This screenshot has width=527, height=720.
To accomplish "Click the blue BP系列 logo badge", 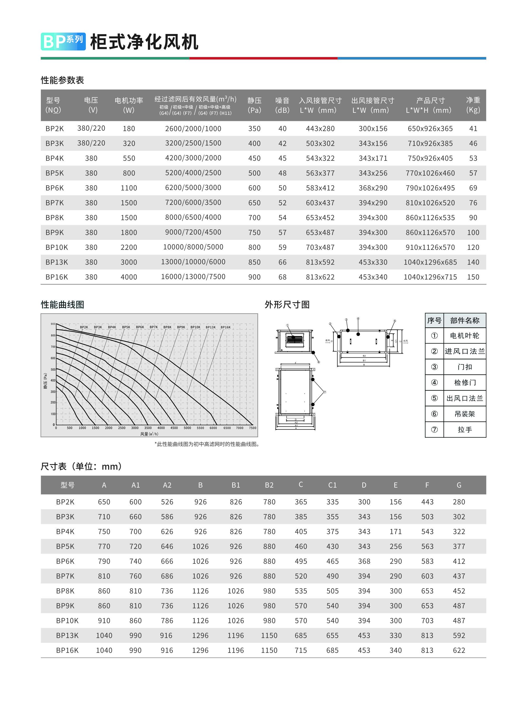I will click(x=63, y=41).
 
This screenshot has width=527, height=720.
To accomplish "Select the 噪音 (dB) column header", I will click(x=282, y=105).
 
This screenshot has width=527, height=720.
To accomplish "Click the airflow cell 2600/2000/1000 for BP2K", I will click(x=193, y=129).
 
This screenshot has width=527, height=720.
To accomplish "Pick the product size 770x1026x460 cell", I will click(x=430, y=173).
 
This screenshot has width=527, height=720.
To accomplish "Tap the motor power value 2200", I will click(x=129, y=247).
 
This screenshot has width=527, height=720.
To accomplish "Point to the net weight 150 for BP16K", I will click(x=473, y=277).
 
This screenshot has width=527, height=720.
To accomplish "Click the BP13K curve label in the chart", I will click(x=211, y=327).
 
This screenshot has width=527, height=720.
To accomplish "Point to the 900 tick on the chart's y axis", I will click(x=53, y=324).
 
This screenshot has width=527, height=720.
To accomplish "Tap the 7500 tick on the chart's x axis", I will click(x=252, y=428).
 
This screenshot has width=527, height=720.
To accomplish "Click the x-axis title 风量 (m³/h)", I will click(x=149, y=434).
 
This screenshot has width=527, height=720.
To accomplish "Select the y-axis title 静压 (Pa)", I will click(x=45, y=381).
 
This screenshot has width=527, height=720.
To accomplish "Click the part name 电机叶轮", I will click(x=465, y=335).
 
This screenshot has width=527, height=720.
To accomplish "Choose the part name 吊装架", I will click(x=465, y=414).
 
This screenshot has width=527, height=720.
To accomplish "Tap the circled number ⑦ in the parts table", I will click(x=434, y=430).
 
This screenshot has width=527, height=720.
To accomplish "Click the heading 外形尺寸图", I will click(x=287, y=305).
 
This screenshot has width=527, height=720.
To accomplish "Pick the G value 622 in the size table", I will click(x=459, y=650).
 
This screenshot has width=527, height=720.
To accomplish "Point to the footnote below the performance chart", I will click(x=207, y=444).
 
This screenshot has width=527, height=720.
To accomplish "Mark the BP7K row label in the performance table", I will click(x=55, y=203).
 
